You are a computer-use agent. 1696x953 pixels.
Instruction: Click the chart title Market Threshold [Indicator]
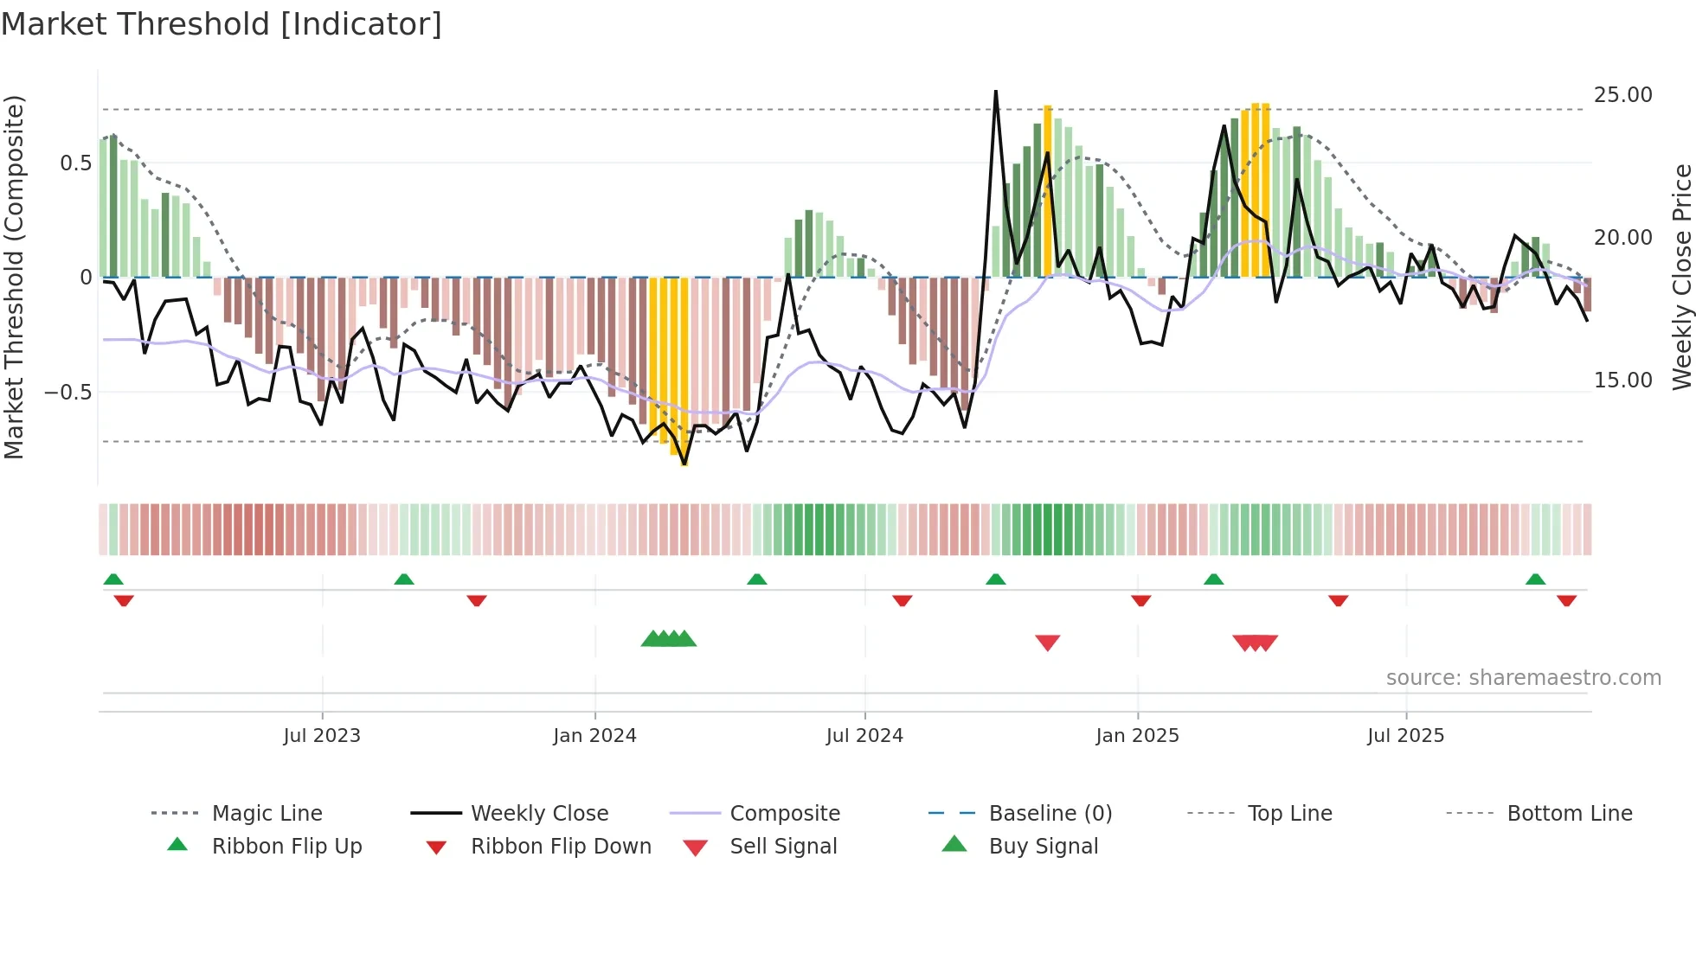coord(222,24)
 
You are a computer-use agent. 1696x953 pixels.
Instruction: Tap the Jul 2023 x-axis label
coord(322,736)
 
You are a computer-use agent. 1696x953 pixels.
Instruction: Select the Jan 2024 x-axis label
coord(594,736)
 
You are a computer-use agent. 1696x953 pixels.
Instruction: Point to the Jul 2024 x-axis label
coord(864,736)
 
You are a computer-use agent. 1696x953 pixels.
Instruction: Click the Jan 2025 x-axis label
coord(1137,736)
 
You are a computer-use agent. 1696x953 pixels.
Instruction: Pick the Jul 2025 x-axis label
coord(1406,736)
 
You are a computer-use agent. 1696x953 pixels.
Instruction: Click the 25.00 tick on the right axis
coord(1622,95)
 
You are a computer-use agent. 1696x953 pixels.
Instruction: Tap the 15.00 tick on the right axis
coord(1622,381)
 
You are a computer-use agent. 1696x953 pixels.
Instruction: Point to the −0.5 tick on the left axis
coord(68,393)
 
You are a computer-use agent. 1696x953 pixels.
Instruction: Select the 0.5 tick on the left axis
coord(76,163)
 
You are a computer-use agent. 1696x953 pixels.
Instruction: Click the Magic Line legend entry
coord(267,814)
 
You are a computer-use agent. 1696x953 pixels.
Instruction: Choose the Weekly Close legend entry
coord(539,814)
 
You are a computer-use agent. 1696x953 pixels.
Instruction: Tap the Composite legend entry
coord(785,814)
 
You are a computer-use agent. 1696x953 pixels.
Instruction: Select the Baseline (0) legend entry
coord(1050,814)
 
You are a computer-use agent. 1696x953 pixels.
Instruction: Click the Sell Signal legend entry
coord(783,847)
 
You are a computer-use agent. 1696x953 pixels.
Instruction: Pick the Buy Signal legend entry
coord(1043,847)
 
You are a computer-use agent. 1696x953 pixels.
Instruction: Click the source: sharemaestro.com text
coord(1523,678)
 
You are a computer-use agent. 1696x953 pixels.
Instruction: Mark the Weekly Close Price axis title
coord(1681,277)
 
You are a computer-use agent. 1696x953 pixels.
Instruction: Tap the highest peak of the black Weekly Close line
coord(996,92)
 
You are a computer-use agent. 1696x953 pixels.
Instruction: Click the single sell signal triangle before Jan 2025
coord(1048,643)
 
